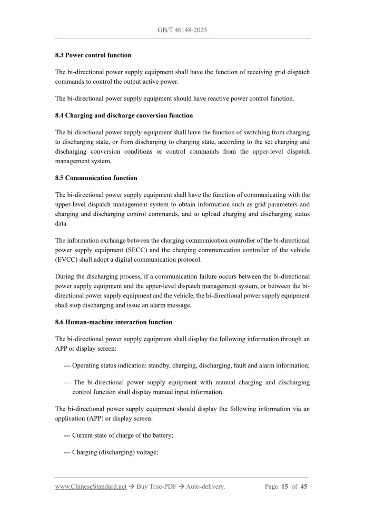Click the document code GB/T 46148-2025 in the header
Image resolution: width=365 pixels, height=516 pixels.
[x=182, y=30]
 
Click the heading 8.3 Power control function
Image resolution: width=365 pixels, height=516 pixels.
[x=93, y=55]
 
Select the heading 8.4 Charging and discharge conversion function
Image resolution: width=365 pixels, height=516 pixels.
[x=124, y=115]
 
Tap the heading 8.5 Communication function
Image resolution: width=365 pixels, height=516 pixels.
[x=96, y=178]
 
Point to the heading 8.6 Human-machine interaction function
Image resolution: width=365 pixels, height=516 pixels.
[x=113, y=322]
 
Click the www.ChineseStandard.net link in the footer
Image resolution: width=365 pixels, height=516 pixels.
[x=91, y=487]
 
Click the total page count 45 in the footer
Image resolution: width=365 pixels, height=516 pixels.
[x=304, y=487]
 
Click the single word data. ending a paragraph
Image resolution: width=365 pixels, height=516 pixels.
[x=63, y=223]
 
